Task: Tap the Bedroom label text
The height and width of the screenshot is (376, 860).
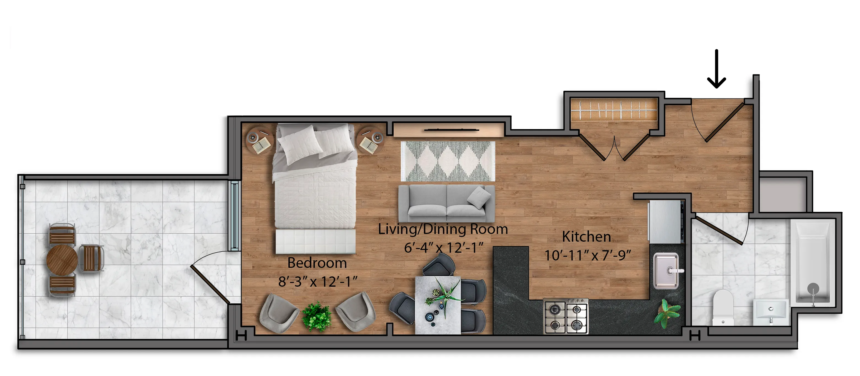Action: [x=317, y=263]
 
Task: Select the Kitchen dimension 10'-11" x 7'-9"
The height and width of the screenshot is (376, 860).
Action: [x=587, y=255]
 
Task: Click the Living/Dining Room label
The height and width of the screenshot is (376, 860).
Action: [x=443, y=229]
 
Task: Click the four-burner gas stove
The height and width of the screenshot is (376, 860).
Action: [x=566, y=316]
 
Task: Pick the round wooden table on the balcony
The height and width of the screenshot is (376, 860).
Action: [x=62, y=259]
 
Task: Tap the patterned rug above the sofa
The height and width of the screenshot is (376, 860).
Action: [x=448, y=161]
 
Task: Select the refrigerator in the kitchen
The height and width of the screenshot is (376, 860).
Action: [x=665, y=221]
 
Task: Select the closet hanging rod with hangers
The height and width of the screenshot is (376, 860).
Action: [x=614, y=110]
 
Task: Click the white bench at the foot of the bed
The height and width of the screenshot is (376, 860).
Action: [x=315, y=241]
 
